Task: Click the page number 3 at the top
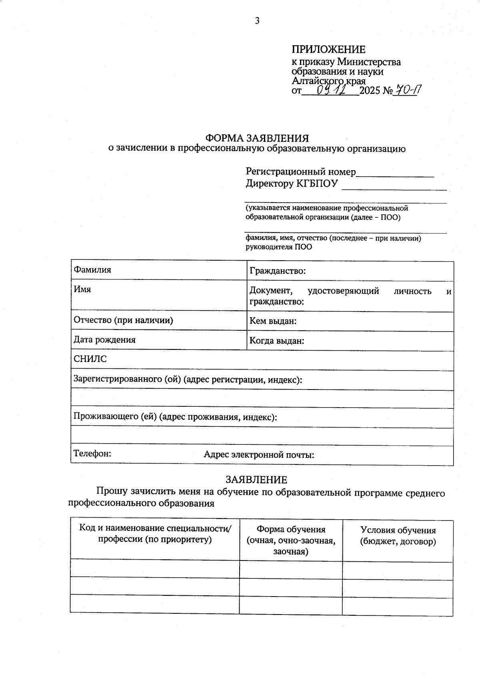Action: pos(257,21)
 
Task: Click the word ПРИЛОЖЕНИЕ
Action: pos(328,50)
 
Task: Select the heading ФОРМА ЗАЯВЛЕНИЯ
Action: pos(257,139)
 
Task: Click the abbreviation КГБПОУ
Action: pos(316,184)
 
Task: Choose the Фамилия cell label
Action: pos(92,270)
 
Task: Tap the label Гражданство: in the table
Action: pos(278,271)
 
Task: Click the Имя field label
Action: pos(82,289)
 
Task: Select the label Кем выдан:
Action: pos(273,321)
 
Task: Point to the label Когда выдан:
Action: pos(277,341)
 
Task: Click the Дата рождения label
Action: pos(105,340)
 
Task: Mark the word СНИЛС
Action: pos(90,359)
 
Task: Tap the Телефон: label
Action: pos(92,454)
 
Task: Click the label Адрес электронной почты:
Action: pos(259,455)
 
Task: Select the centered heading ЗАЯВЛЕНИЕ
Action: pos(256,480)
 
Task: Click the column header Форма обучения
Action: pos(291,530)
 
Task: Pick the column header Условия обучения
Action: pos(398,530)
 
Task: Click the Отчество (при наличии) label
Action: pos(123,320)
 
